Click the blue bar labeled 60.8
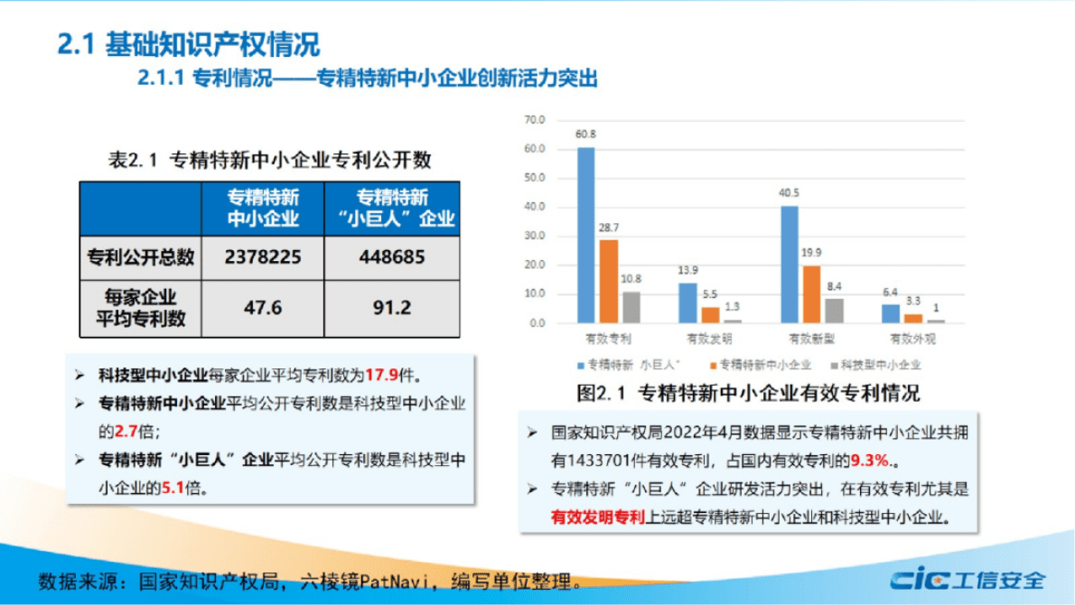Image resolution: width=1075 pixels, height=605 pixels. [586, 235]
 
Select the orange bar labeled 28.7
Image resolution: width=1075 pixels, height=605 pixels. [609, 281]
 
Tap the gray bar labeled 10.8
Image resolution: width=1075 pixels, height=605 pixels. [631, 307]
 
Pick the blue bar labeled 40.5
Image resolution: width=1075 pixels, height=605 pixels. [790, 264]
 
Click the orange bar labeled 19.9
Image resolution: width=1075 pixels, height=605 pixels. [812, 293]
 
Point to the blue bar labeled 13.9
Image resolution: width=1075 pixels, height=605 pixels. [687, 302]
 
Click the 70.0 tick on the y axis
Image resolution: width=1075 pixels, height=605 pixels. [535, 120]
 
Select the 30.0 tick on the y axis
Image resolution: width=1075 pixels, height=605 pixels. [535, 236]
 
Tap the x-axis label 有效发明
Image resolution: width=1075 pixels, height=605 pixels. [709, 340]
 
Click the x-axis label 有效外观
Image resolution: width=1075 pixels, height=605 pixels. [912, 340]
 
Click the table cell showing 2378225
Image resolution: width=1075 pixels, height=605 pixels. [262, 257]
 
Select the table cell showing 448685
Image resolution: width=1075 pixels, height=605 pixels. [390, 257]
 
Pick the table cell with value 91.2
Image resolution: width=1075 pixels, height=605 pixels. [390, 308]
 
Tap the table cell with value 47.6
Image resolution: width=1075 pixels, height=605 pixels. [262, 308]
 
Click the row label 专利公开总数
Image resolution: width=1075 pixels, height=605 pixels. [140, 257]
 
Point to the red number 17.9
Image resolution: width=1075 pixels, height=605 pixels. [379, 374]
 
